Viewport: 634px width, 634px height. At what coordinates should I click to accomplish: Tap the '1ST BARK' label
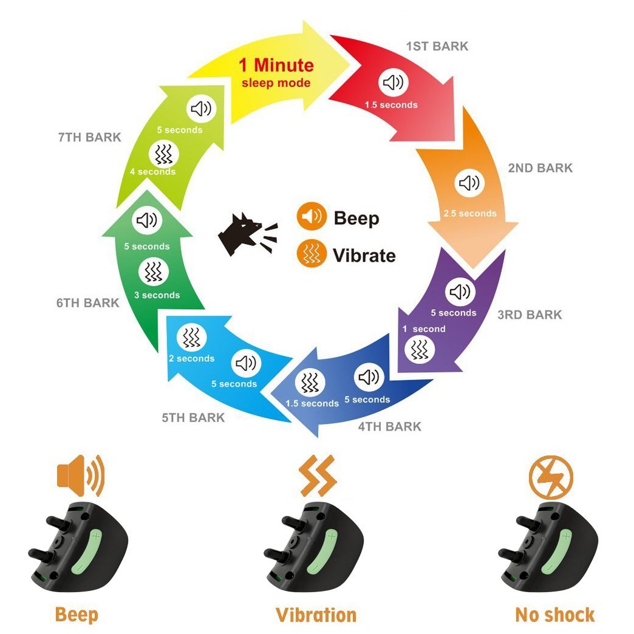(437, 46)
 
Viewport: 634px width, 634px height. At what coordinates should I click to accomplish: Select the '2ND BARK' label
(540, 168)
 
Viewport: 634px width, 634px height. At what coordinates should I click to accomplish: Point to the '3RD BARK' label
(530, 315)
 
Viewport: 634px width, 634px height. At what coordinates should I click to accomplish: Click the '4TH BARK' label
(389, 426)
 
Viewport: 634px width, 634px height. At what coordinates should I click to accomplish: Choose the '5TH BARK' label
(193, 418)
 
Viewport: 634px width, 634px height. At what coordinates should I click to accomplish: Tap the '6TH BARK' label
(88, 302)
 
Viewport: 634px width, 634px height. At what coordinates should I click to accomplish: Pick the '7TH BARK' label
(90, 137)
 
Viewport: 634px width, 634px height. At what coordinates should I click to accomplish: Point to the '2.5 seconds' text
(469, 213)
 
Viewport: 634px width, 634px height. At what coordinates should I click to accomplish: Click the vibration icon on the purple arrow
(419, 349)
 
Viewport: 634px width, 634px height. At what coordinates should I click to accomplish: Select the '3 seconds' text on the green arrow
(157, 295)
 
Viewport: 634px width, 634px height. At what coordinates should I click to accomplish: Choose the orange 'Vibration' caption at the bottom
(316, 614)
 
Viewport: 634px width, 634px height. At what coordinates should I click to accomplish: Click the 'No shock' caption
(554, 614)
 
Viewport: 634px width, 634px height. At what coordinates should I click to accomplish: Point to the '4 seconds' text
(152, 171)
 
